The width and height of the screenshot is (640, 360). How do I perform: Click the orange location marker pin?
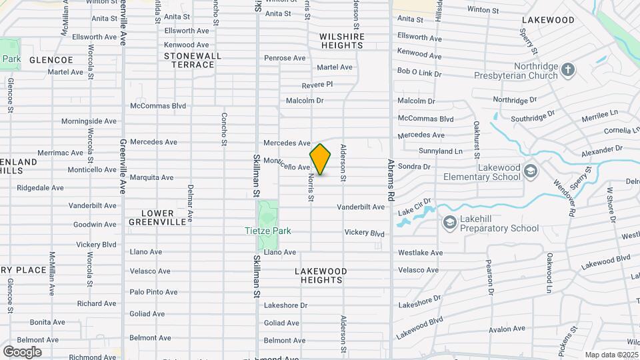pos(320,159)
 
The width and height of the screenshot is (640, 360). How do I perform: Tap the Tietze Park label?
pos(267,231)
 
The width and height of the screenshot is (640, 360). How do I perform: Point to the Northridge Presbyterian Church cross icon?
pos(567,70)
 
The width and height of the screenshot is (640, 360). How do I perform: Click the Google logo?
pos(22,351)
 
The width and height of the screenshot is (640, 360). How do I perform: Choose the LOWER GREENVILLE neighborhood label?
pos(157,217)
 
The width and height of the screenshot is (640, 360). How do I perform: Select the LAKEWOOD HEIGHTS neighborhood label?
pos(321,276)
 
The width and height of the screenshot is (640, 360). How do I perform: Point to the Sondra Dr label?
pos(414,167)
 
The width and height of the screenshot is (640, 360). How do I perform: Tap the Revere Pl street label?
pos(317,85)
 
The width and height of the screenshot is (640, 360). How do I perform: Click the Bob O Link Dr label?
pos(420,71)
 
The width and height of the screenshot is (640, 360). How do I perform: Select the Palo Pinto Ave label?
pos(153,292)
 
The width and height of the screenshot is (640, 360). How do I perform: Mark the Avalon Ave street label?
pos(508,329)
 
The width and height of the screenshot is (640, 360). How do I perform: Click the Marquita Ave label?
pos(151,177)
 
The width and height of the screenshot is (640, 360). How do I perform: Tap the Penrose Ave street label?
pos(285,58)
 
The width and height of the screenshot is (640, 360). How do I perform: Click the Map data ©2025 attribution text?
pos(611,355)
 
